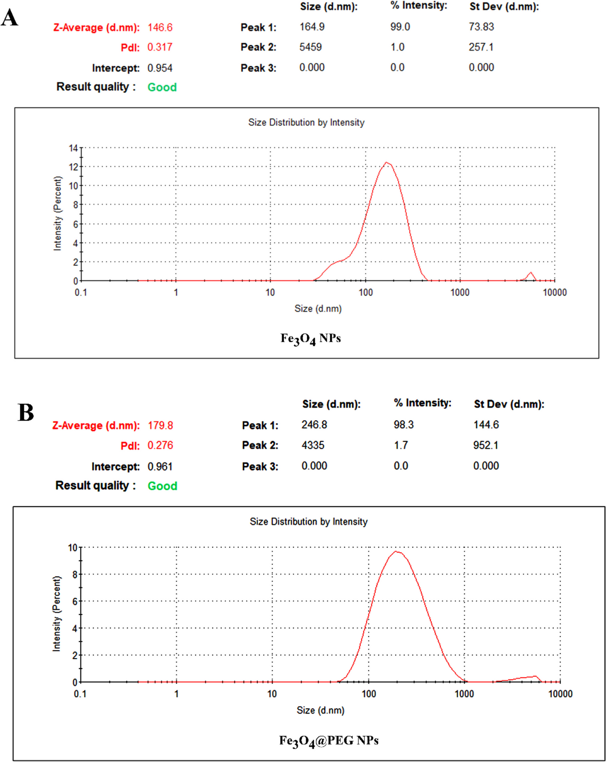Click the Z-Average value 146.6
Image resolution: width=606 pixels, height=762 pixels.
pyautogui.click(x=160, y=28)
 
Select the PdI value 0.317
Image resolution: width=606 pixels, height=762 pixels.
pyautogui.click(x=160, y=47)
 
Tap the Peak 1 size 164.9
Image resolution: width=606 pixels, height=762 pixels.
pyautogui.click(x=312, y=27)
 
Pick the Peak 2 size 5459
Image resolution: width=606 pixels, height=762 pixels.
pyautogui.click(x=310, y=47)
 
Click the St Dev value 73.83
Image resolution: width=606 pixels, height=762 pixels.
pyautogui.click(x=481, y=27)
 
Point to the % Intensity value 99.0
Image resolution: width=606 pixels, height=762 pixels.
pyautogui.click(x=400, y=27)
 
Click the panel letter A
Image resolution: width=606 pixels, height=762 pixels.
pyautogui.click(x=10, y=18)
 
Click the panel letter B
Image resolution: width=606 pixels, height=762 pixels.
pyautogui.click(x=25, y=413)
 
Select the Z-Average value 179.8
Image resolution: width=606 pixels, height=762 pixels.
pyautogui.click(x=160, y=425)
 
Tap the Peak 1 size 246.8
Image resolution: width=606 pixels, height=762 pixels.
pyautogui.click(x=314, y=425)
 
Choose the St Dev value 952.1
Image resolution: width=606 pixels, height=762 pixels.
pyautogui.click(x=486, y=445)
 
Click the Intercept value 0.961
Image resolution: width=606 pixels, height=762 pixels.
pyautogui.click(x=160, y=467)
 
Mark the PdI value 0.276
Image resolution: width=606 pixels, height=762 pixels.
pyautogui.click(x=160, y=445)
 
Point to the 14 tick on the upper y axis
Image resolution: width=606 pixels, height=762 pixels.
pyautogui.click(x=73, y=148)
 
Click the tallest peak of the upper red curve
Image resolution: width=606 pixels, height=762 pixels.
pyautogui.click(x=387, y=163)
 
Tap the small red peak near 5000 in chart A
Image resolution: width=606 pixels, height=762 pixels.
pyautogui.click(x=530, y=273)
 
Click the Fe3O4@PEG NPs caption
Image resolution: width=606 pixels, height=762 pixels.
pyautogui.click(x=329, y=741)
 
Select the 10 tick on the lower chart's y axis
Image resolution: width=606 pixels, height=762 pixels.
pyautogui.click(x=72, y=548)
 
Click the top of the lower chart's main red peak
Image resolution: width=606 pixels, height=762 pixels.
pyautogui.click(x=397, y=551)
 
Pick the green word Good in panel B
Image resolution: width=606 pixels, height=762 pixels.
pyautogui.click(x=162, y=486)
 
